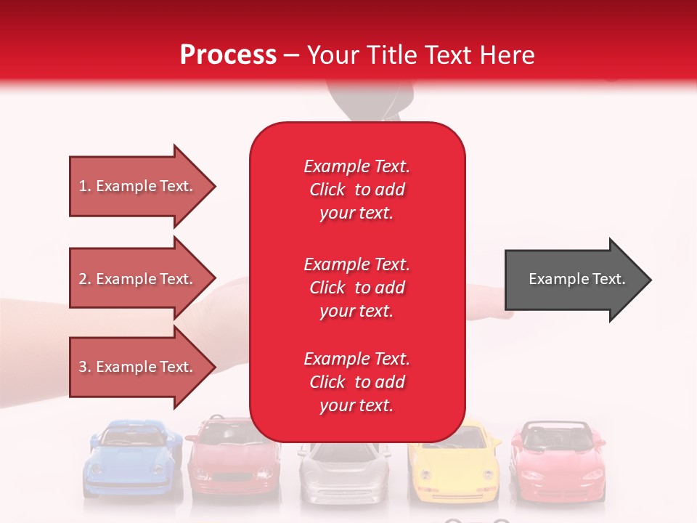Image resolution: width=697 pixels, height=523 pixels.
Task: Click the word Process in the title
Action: (x=228, y=55)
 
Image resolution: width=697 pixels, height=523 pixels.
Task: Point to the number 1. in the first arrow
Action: (x=85, y=186)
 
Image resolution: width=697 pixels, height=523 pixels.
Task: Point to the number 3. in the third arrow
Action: (x=85, y=367)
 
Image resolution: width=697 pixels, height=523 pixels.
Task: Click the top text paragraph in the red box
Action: (x=356, y=190)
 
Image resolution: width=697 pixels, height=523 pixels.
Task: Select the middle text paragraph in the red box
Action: (x=356, y=288)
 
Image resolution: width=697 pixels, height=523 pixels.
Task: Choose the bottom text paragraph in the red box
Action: (x=356, y=382)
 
